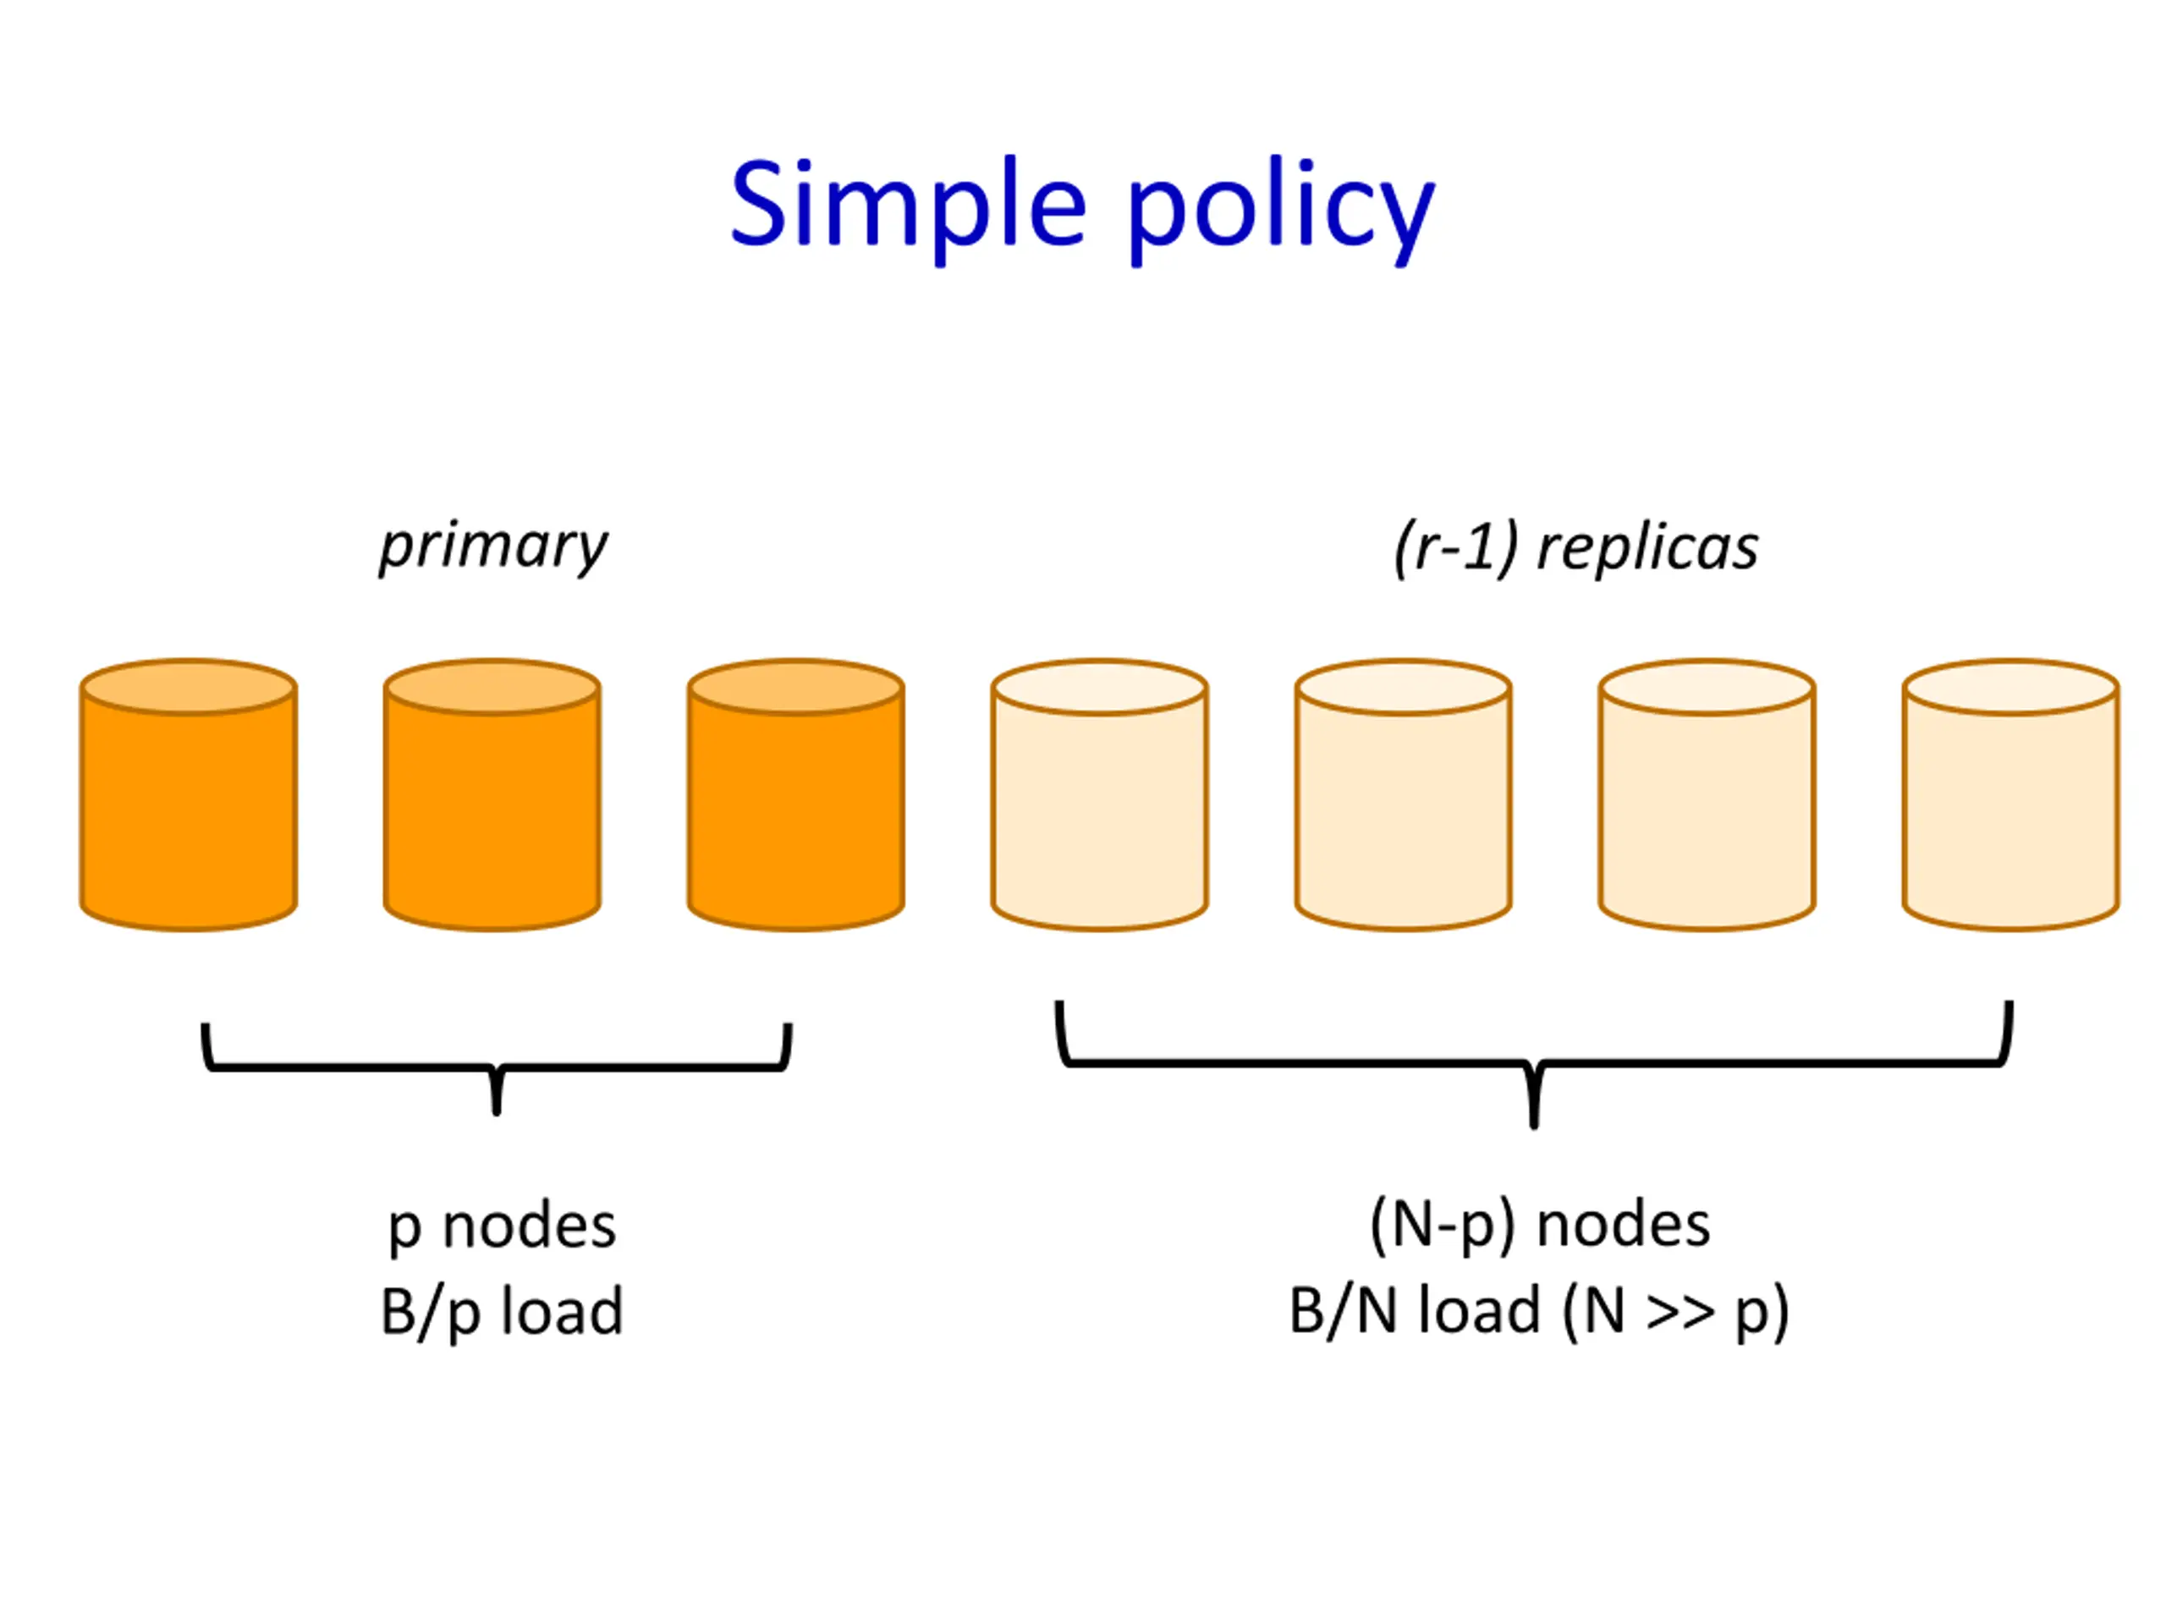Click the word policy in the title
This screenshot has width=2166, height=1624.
click(x=1282, y=210)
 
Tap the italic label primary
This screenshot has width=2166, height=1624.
click(x=493, y=548)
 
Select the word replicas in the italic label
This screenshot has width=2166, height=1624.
click(x=1648, y=548)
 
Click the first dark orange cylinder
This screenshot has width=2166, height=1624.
click(x=188, y=794)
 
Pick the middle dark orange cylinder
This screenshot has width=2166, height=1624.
click(x=492, y=794)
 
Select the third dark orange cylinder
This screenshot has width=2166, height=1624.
click(x=796, y=794)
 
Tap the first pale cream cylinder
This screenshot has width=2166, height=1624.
click(x=1100, y=794)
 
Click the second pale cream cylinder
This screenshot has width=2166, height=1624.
click(x=1403, y=794)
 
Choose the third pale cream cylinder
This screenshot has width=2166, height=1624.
click(x=1707, y=794)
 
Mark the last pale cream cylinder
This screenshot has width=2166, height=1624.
click(x=2011, y=794)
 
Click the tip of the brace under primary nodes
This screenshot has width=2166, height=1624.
click(x=497, y=1113)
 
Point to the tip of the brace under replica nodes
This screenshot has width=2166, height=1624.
click(x=1535, y=1127)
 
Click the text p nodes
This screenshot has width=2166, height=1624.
click(x=503, y=1227)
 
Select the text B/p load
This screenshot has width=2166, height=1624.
click(x=502, y=1313)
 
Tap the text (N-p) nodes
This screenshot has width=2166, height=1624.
click(x=1540, y=1226)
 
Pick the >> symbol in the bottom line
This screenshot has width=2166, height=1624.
click(x=1680, y=1314)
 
